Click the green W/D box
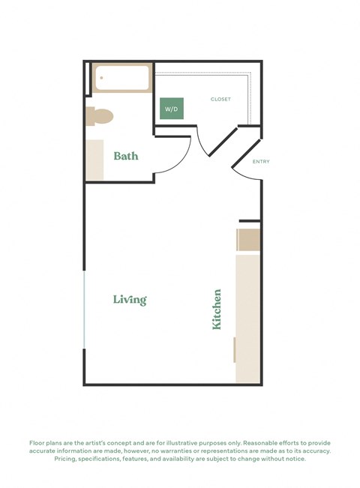click(x=172, y=108)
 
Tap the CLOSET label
click(x=220, y=99)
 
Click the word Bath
click(x=126, y=156)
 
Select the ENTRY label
click(x=261, y=161)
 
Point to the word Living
click(x=130, y=300)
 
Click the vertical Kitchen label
click(x=217, y=309)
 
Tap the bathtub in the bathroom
click(x=122, y=78)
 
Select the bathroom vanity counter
click(x=94, y=159)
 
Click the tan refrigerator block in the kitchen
click(x=249, y=240)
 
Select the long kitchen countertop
click(x=248, y=319)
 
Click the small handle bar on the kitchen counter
click(x=235, y=349)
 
